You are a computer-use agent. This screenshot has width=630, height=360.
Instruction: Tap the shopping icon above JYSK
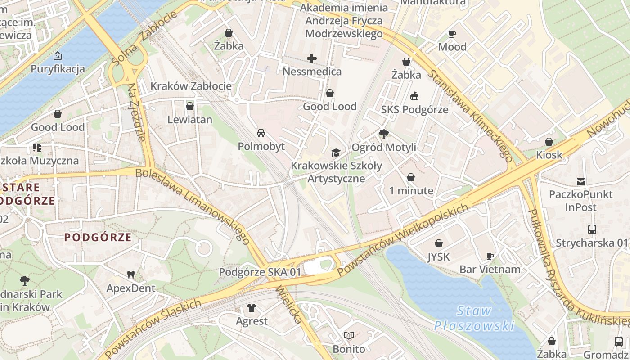439,243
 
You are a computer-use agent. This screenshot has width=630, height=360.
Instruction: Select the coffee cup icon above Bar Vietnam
490,256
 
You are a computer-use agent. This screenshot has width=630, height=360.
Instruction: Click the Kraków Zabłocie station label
191,86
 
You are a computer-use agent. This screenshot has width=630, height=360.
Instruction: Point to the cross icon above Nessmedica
312,58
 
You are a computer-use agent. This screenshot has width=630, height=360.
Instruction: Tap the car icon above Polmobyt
261,133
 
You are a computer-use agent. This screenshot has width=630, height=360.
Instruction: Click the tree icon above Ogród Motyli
384,134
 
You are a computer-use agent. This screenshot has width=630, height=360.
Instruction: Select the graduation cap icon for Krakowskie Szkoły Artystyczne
336,153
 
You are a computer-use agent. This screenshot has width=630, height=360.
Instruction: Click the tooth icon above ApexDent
131,274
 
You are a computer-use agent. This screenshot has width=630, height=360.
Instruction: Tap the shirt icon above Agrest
252,308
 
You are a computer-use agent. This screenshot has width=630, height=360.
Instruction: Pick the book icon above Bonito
349,335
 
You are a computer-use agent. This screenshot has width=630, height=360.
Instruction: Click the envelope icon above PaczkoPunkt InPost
581,181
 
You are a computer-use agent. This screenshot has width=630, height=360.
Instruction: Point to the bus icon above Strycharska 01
592,229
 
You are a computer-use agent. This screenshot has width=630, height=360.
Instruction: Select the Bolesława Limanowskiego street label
193,206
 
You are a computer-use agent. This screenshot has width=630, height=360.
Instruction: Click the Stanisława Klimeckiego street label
470,116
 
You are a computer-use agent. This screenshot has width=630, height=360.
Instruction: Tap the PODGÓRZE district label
98,237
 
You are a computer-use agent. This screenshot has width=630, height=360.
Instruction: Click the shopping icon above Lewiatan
190,106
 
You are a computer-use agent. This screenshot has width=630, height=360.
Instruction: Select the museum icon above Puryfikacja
58,56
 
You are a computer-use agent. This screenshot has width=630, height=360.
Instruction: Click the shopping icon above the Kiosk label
549,142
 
